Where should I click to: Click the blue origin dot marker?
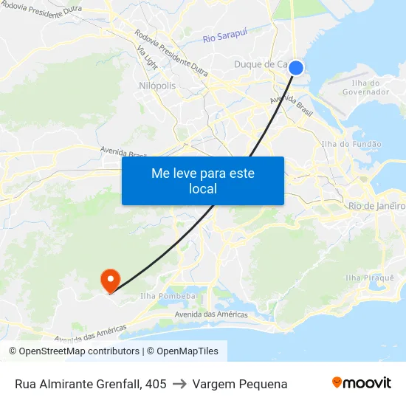[x=295, y=68]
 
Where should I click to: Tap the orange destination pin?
[x=110, y=279]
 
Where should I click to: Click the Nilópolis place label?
[x=157, y=86]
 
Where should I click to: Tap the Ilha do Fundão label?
[x=352, y=144]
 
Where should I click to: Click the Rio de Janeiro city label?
[x=376, y=206]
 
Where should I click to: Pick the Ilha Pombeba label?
[x=167, y=296]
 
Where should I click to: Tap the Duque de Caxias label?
[x=262, y=65]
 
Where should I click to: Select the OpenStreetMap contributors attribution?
[x=74, y=351]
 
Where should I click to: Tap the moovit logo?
[x=362, y=382]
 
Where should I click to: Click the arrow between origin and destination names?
[x=179, y=384]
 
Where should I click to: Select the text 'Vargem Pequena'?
[x=240, y=384]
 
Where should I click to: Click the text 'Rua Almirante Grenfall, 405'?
[x=90, y=384]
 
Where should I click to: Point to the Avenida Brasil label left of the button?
[x=123, y=153]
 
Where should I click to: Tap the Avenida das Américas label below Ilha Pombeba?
[x=211, y=314]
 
